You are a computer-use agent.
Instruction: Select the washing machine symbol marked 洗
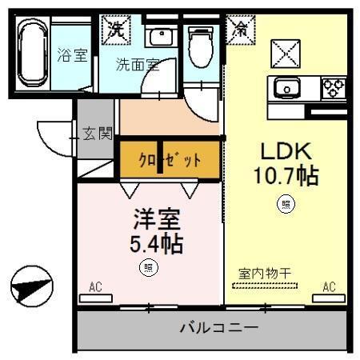[116, 30]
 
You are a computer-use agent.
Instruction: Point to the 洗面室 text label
[137, 65]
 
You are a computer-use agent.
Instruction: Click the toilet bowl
[200, 46]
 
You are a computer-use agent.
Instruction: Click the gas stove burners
[334, 86]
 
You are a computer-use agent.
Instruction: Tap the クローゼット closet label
[170, 158]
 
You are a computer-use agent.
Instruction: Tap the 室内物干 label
[265, 274]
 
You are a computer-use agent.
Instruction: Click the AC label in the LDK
[329, 286]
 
